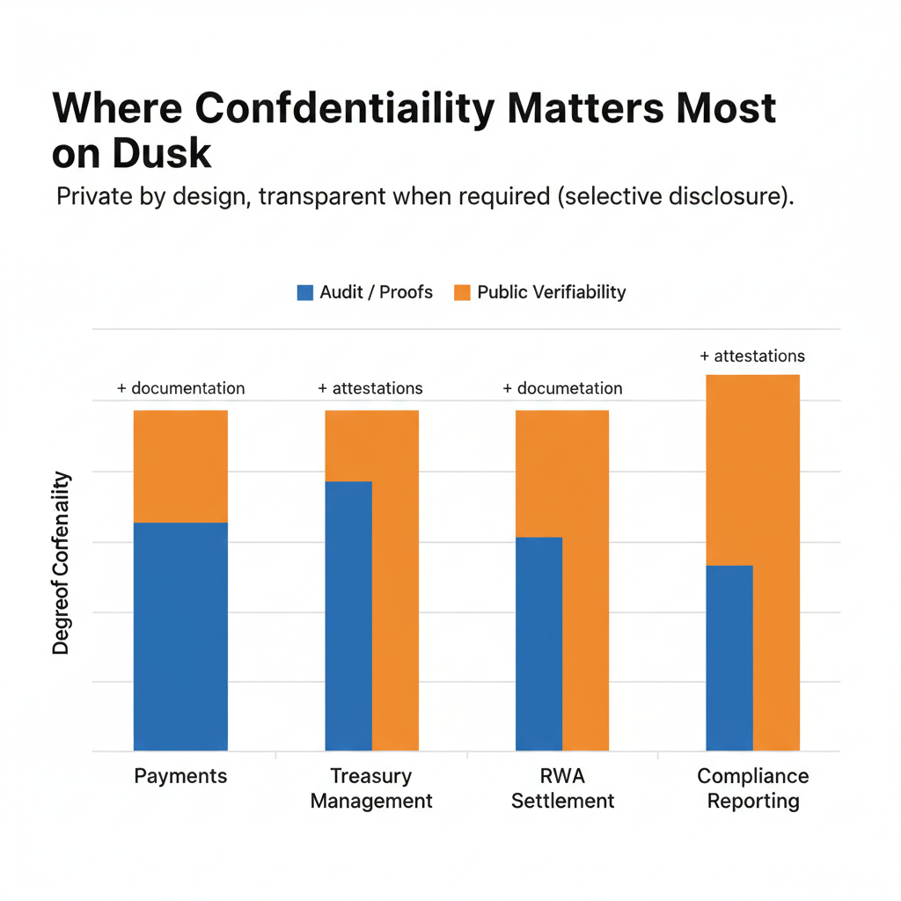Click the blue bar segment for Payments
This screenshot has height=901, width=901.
click(x=180, y=636)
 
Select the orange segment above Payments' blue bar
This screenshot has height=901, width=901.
click(x=180, y=466)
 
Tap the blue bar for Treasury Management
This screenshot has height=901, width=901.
click(x=348, y=616)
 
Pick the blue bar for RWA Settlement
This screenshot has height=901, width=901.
click(x=538, y=643)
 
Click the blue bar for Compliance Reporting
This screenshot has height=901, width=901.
click(x=729, y=657)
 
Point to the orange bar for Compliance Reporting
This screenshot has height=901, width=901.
click(x=776, y=563)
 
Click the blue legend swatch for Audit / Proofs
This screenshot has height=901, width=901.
click(x=305, y=292)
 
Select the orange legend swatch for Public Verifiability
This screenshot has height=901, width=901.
click(x=462, y=292)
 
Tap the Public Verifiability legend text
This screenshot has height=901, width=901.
click(x=551, y=292)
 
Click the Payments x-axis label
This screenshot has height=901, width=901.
click(x=180, y=776)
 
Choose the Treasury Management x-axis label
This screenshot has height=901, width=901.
click(x=371, y=788)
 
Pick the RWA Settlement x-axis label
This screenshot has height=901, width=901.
click(x=562, y=788)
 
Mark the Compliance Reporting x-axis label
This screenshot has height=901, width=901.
click(x=753, y=788)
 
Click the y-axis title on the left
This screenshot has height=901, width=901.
click(x=61, y=563)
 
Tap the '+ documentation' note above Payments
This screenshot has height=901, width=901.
click(x=181, y=388)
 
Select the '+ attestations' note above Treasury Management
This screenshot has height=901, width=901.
click(x=370, y=388)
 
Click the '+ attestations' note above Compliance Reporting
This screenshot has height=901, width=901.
click(x=752, y=356)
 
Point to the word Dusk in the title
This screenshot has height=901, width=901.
click(x=162, y=153)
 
